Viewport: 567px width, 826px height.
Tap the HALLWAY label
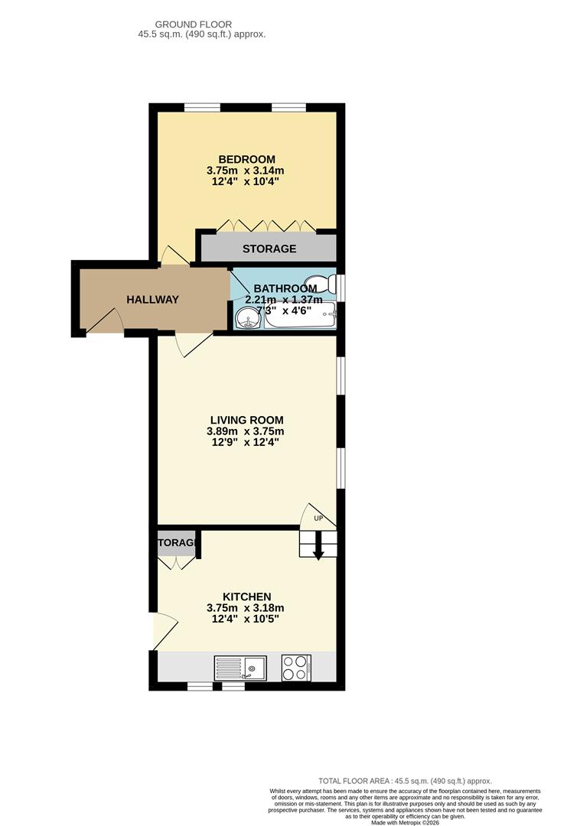[152, 300]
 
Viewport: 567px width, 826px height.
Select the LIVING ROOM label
[246, 420]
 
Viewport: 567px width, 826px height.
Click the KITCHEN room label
[246, 597]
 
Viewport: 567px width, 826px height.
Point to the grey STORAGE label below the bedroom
[269, 249]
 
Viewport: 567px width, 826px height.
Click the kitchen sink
[240, 668]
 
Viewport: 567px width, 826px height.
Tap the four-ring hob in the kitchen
[295, 668]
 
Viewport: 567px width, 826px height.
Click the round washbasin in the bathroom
[246, 320]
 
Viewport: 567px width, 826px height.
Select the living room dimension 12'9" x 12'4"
[246, 443]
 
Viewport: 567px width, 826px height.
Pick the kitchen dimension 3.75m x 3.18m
[246, 608]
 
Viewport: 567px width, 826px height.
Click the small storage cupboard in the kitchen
[177, 544]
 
